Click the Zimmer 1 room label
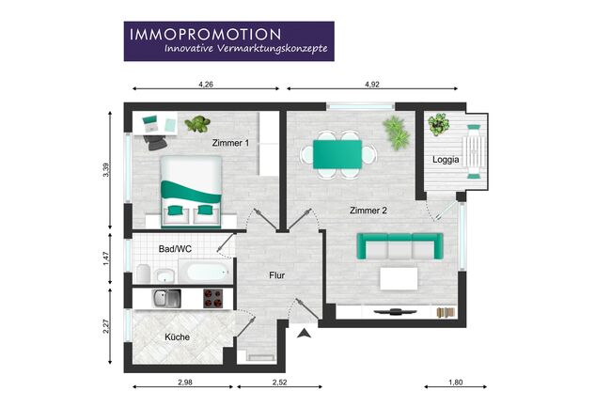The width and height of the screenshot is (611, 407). (x=230, y=143)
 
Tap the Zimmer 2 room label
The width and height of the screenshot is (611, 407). (x=368, y=211)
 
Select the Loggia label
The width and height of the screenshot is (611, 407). (x=446, y=160)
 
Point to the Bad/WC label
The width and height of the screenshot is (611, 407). (x=175, y=249)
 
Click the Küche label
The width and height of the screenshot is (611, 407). (x=177, y=337)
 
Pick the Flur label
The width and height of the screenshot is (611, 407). (x=276, y=275)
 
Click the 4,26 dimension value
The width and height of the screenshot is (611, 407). (x=206, y=85)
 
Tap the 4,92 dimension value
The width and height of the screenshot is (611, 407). (x=372, y=85)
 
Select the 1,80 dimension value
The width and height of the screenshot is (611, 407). (x=456, y=382)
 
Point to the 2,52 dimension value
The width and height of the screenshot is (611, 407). (x=279, y=382)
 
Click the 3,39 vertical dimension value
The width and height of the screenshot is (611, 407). (x=106, y=170)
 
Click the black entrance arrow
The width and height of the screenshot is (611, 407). (x=304, y=333)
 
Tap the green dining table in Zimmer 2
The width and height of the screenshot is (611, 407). (x=337, y=154)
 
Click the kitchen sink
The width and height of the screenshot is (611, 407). (x=166, y=298)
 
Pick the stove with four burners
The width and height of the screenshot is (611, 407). (x=213, y=298)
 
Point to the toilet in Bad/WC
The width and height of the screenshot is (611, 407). (x=144, y=274)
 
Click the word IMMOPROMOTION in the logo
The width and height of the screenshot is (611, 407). (x=205, y=34)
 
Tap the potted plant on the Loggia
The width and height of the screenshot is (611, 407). (x=439, y=124)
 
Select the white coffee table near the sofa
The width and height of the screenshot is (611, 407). (x=399, y=278)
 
